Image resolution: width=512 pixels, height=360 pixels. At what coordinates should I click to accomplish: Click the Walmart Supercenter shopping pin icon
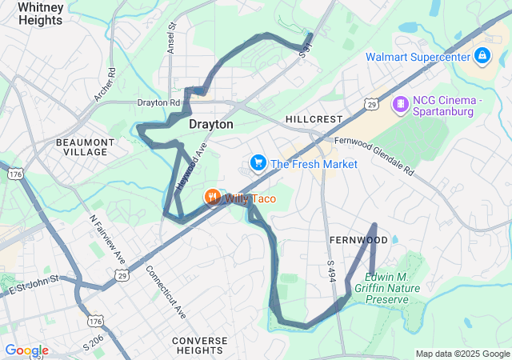click(x=482, y=56)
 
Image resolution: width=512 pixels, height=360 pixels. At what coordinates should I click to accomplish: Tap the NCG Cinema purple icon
click(x=399, y=104)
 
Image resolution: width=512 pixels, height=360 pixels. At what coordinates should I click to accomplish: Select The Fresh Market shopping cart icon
click(x=258, y=164)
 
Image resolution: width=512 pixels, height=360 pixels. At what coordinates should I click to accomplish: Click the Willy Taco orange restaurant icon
click(x=212, y=198)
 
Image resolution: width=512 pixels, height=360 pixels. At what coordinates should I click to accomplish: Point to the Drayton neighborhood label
click(x=211, y=125)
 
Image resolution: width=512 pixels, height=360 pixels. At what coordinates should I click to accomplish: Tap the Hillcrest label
click(x=314, y=118)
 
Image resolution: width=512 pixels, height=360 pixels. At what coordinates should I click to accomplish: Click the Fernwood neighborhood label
click(x=358, y=240)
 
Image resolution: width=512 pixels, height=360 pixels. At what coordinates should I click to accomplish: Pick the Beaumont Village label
click(x=81, y=146)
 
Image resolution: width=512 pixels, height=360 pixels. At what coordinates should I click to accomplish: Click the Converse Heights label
click(x=199, y=346)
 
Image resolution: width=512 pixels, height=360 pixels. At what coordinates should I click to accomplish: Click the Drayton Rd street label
click(x=158, y=102)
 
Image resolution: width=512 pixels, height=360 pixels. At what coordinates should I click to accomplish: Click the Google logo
click(x=26, y=350)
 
